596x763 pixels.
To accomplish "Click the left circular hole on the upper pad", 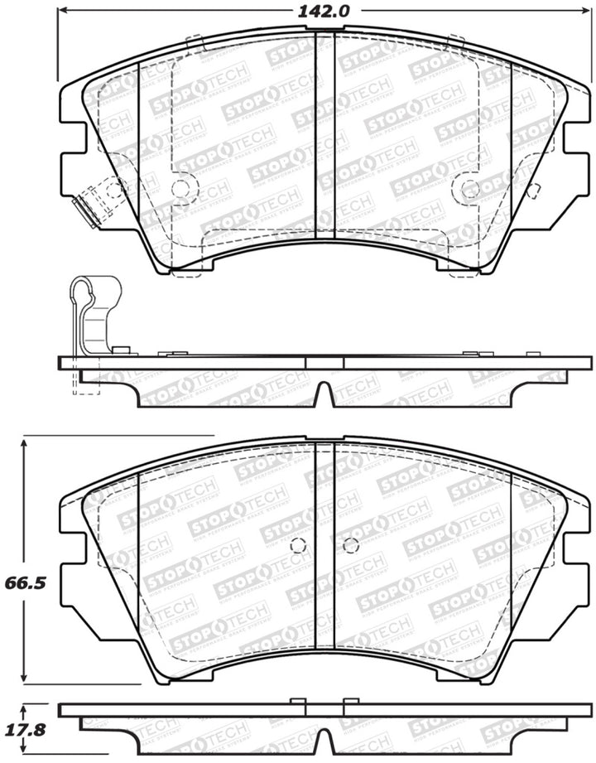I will tap(182, 187).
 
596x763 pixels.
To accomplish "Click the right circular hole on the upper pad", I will tap(470, 188).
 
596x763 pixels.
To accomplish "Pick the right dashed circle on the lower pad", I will tap(350, 545).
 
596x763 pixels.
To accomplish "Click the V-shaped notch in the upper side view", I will tap(324, 395).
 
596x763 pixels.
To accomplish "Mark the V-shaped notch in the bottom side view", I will tap(324, 745).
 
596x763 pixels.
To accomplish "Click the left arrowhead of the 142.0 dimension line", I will tap(62, 12).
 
